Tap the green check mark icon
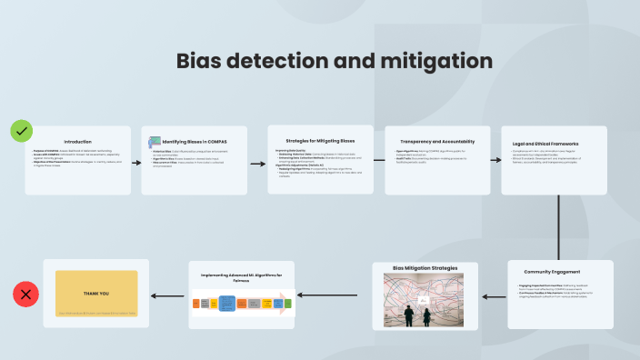pos(22,131)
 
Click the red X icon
pos(25,294)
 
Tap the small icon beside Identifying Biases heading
pos(155,142)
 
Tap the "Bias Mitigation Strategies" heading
pos(425,269)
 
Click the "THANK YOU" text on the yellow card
pos(95,293)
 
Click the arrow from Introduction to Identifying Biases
pos(135,160)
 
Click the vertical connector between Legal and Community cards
pos(558,227)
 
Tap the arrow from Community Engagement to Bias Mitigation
pos(492,295)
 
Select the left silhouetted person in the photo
pos(409,315)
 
